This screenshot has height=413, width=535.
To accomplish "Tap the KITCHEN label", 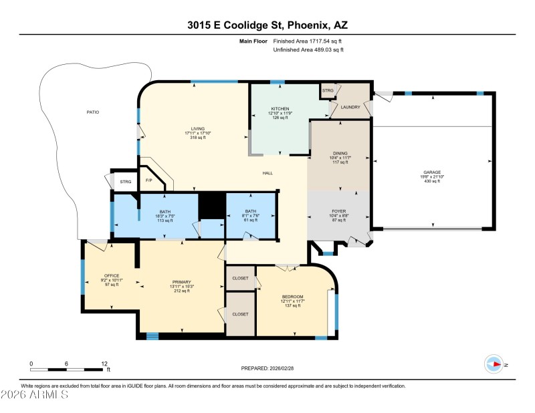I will (x=279, y=108).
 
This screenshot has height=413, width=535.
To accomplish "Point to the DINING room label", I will (x=340, y=153).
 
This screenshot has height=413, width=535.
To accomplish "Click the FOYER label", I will (x=338, y=211).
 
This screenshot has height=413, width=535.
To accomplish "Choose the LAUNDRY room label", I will (x=350, y=107).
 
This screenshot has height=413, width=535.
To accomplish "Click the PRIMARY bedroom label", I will (x=182, y=282).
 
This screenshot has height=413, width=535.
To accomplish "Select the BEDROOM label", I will (x=292, y=297).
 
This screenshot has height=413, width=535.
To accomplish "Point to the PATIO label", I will (x=93, y=112).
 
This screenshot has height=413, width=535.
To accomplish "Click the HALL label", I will (x=267, y=173).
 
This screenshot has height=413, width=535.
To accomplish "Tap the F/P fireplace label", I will (x=148, y=181).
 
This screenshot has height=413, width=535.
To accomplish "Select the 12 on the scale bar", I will (x=104, y=364).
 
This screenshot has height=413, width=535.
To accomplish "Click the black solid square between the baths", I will (x=212, y=205).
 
